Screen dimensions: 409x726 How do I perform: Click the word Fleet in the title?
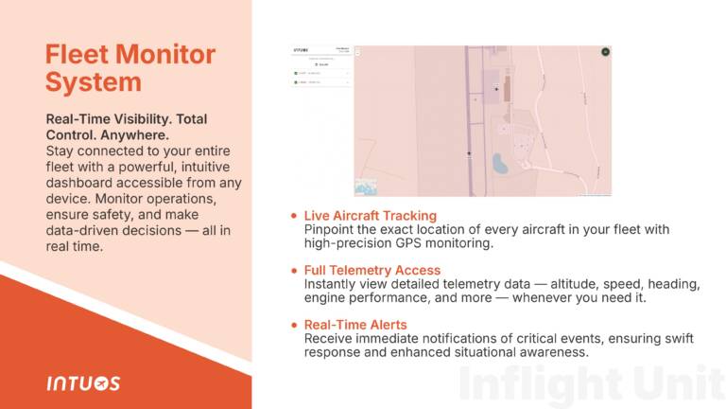[77, 54]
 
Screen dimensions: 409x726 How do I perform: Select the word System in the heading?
[94, 82]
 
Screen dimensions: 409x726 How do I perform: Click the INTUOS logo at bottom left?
[83, 383]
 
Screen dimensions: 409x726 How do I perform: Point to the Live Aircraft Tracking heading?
[371, 217]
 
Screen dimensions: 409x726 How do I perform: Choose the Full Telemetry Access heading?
[372, 271]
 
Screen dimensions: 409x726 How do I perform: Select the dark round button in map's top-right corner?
[605, 52]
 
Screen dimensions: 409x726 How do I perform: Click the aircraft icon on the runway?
[468, 151]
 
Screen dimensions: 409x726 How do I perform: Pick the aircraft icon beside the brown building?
[496, 89]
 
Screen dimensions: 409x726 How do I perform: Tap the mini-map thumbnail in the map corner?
[365, 187]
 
